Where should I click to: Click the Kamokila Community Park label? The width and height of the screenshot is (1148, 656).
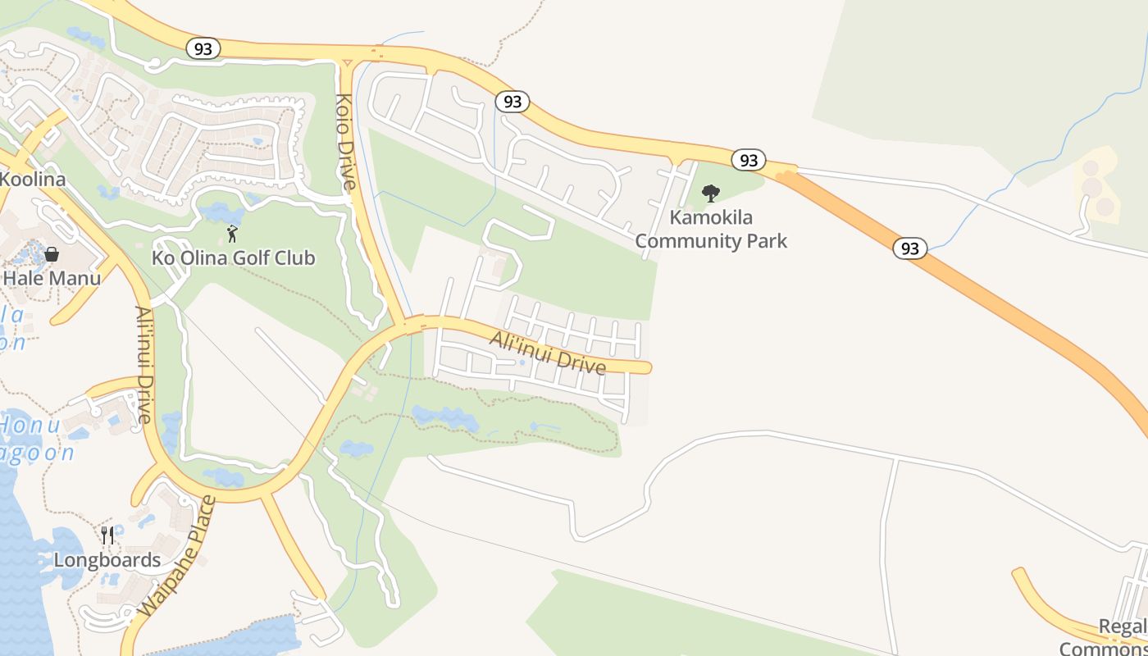[x=711, y=230]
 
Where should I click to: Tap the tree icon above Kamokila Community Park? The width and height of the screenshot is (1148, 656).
[x=711, y=194]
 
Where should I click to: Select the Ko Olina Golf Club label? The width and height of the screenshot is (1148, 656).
[x=234, y=258]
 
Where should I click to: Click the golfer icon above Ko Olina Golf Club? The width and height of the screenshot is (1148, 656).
[x=233, y=235]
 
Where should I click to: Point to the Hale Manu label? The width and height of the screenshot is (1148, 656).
[x=52, y=278]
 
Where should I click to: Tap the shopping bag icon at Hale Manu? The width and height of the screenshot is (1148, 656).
[x=52, y=254]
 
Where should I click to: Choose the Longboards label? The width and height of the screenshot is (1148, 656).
[x=107, y=560]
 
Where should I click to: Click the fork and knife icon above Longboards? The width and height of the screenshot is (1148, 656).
[x=107, y=535]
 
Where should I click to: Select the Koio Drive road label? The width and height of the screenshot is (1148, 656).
[x=345, y=141]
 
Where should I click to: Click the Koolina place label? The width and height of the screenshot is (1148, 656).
[x=32, y=179]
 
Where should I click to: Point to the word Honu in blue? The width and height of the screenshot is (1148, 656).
[x=30, y=426]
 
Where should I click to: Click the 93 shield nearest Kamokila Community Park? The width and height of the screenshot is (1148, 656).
[x=748, y=160]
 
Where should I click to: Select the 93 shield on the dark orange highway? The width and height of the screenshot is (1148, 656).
[x=909, y=248]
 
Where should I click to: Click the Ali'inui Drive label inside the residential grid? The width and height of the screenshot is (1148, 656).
[x=548, y=352]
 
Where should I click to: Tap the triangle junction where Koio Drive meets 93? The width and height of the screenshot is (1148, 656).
[x=347, y=61]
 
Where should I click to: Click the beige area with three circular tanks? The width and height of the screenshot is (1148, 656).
[x=1096, y=187]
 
